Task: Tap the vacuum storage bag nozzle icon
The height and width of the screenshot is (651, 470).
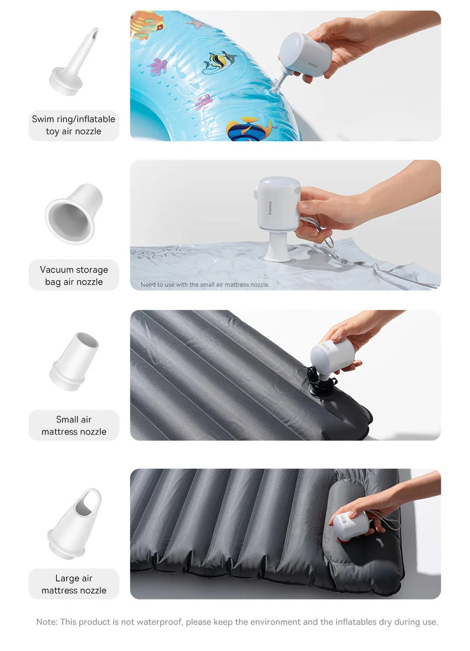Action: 74,213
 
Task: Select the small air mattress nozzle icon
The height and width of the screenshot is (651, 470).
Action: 74,361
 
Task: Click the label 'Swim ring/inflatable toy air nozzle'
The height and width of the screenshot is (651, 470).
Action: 74,125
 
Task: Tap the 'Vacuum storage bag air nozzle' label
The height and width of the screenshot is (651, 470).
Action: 74,276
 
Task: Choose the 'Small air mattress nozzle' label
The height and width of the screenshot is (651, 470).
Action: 74,425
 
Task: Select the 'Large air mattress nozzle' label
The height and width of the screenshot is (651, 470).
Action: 74,584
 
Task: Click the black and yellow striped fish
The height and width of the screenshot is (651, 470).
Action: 219,62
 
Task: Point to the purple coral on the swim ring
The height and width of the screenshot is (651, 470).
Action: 159,66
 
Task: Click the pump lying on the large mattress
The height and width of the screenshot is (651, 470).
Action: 350,526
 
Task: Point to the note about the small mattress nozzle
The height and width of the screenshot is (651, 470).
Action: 205,285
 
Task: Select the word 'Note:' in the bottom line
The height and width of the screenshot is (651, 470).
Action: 46,622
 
